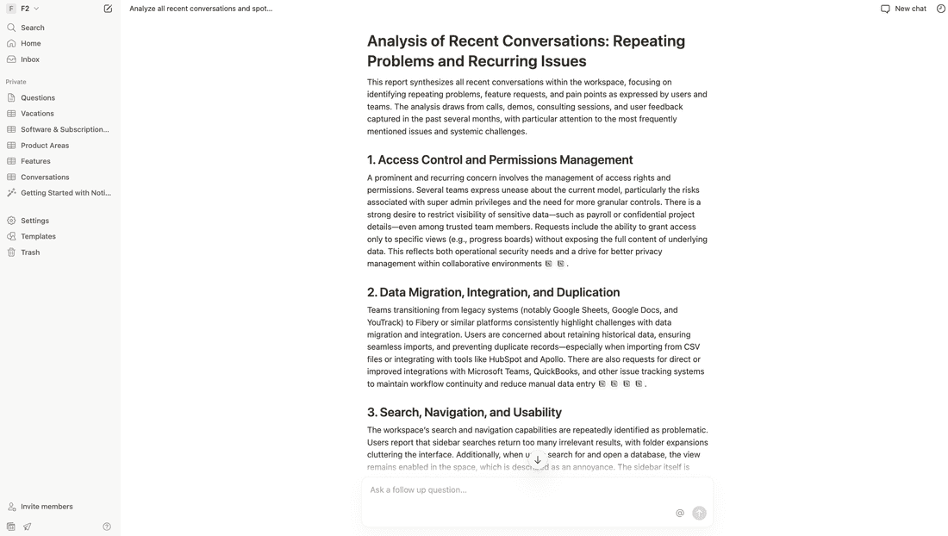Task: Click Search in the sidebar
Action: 32,28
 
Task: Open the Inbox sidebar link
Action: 30,59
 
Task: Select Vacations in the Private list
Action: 37,114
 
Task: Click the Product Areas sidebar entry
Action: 45,146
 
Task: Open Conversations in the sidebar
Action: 45,178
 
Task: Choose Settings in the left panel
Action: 34,221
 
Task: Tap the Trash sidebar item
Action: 30,252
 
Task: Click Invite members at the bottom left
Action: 47,507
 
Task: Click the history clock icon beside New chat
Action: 941,9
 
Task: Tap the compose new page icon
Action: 108,9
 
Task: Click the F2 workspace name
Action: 25,9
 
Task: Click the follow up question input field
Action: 517,490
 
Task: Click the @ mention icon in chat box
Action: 680,513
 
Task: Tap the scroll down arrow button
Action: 538,460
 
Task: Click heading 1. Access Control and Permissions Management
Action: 500,159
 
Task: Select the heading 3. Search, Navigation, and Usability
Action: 465,412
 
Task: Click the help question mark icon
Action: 107,527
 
